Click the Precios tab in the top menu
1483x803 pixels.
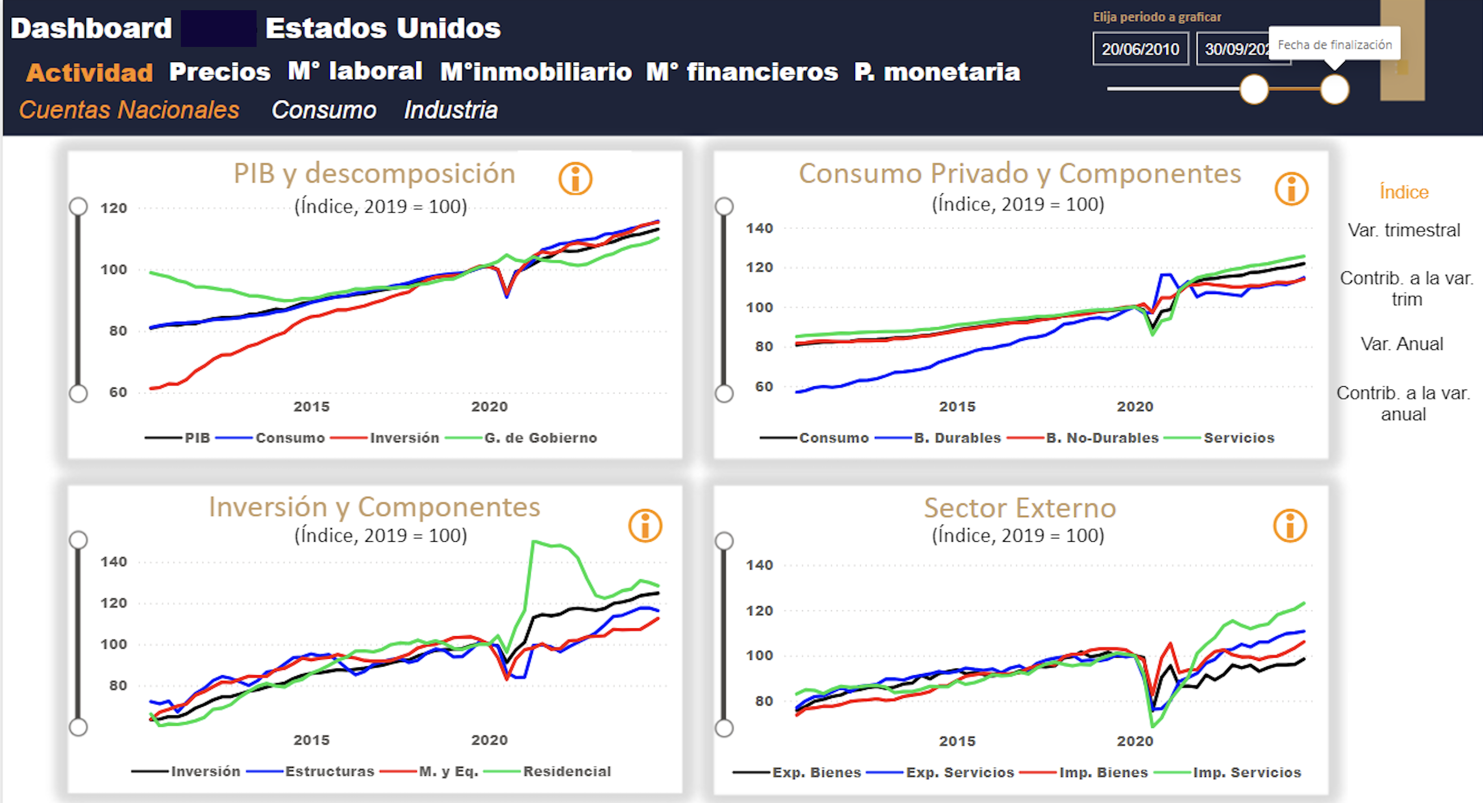tap(219, 72)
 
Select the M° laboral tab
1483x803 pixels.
tap(354, 71)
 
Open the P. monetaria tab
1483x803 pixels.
tap(936, 72)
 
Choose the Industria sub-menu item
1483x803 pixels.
tap(450, 110)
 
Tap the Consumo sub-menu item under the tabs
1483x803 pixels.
tap(323, 110)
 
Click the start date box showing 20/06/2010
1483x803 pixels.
tap(1140, 49)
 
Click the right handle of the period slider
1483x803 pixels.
tap(1334, 89)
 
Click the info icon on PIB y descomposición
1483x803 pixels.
tap(575, 179)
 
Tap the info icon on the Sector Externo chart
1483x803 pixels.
tap(1290, 525)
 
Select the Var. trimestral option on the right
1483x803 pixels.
tap(1403, 230)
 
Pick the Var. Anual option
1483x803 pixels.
tap(1402, 344)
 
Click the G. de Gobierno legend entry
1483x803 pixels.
tap(540, 438)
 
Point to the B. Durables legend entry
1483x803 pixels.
tap(957, 438)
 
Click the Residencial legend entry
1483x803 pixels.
tap(566, 771)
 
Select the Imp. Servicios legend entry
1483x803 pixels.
tap(1247, 772)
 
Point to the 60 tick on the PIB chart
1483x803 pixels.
tap(118, 392)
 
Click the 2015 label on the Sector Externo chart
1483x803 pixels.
tap(957, 741)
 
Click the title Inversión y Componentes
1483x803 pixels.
tap(374, 507)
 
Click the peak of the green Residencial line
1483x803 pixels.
tap(534, 542)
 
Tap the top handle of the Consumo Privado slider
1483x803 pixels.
tap(723, 206)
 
